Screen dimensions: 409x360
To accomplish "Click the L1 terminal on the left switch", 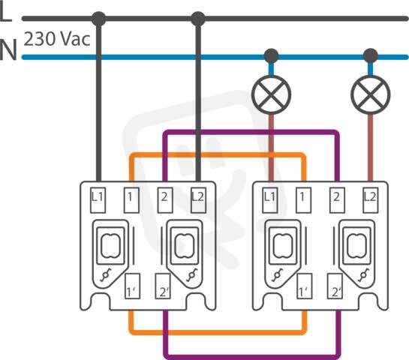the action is coord(98,200).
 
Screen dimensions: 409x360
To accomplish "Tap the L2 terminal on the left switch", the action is coord(198,200).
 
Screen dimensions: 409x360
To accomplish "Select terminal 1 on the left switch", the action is coord(131,200).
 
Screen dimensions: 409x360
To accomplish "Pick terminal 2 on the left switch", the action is coord(165,200).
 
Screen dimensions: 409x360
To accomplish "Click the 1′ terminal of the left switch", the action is coord(133,286).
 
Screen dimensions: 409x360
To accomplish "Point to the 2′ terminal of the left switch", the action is coord(163,286).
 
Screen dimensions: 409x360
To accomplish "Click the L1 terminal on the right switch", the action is coord(270,200).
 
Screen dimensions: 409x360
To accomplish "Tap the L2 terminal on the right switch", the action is coord(371,200).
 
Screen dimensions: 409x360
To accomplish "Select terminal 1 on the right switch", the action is coord(303,200).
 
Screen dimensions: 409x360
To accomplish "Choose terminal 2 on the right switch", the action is coord(337,200).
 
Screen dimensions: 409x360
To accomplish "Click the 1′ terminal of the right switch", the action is coord(305,286).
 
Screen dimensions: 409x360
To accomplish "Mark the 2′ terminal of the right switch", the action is coord(335,286).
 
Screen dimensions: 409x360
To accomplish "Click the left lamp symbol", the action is coord(271,94).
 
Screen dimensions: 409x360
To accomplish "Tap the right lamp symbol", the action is coord(371,94).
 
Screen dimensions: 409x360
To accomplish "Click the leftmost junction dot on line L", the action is coord(99,19).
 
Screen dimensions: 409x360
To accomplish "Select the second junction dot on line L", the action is coord(198,19).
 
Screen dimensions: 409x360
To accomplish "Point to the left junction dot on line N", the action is coord(271,55).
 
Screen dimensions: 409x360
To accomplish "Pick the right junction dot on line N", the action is coord(371,55).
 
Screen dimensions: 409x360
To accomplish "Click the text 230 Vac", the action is coord(57,39).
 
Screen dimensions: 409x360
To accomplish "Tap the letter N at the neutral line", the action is coord(8,49).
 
